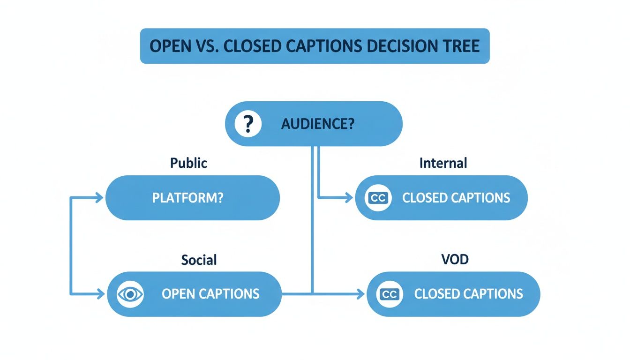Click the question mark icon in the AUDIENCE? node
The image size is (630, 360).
(247, 124)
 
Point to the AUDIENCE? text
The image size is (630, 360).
(317, 124)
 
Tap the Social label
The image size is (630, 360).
(199, 259)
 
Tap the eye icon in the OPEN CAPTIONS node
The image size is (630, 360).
(130, 294)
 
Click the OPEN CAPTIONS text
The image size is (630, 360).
(210, 294)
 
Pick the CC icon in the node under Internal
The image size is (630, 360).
(378, 198)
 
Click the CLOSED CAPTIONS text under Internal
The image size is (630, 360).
(456, 198)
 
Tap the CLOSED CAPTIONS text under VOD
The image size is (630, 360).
(468, 294)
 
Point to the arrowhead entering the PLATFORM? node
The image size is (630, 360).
(99, 198)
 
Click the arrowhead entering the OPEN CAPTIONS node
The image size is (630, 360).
(100, 294)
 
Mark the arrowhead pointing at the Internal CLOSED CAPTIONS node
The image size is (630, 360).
(349, 198)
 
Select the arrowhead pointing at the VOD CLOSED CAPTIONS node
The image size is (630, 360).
(360, 294)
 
